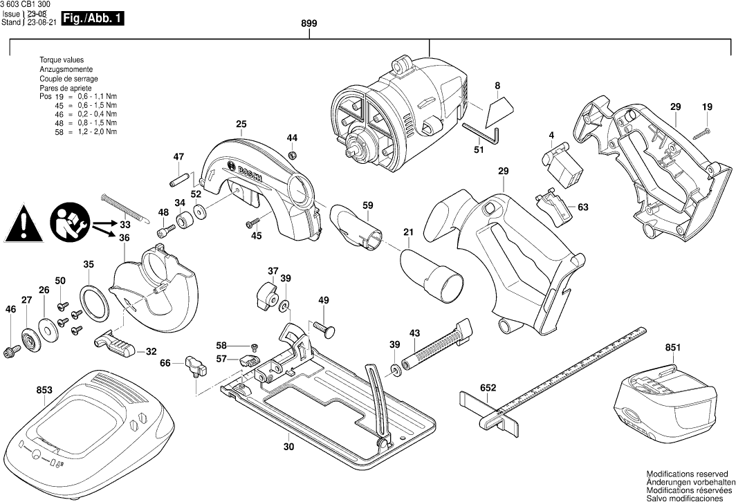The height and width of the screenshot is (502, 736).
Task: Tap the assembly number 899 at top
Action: click(309, 24)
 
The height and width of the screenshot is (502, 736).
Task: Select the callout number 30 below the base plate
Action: click(288, 447)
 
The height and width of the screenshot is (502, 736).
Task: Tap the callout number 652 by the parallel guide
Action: click(488, 389)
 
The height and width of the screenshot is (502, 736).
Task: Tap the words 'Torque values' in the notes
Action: click(62, 61)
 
